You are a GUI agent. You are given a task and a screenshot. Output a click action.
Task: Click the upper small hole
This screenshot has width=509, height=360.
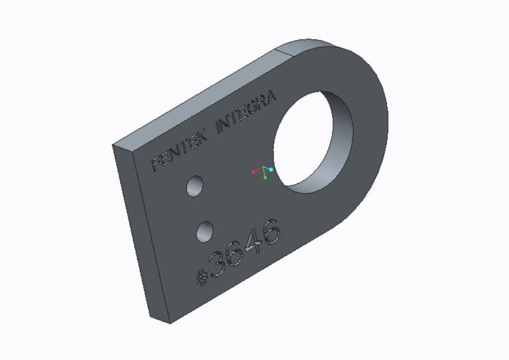pyautogui.click(x=195, y=186)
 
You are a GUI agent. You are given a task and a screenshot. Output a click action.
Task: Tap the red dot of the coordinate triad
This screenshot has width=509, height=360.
pyautogui.click(x=254, y=172)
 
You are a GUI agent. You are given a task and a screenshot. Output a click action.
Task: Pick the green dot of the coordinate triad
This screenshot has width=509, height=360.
pyautogui.click(x=265, y=177)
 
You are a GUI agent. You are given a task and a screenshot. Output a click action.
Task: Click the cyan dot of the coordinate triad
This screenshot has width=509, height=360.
pyautogui.click(x=271, y=170)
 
